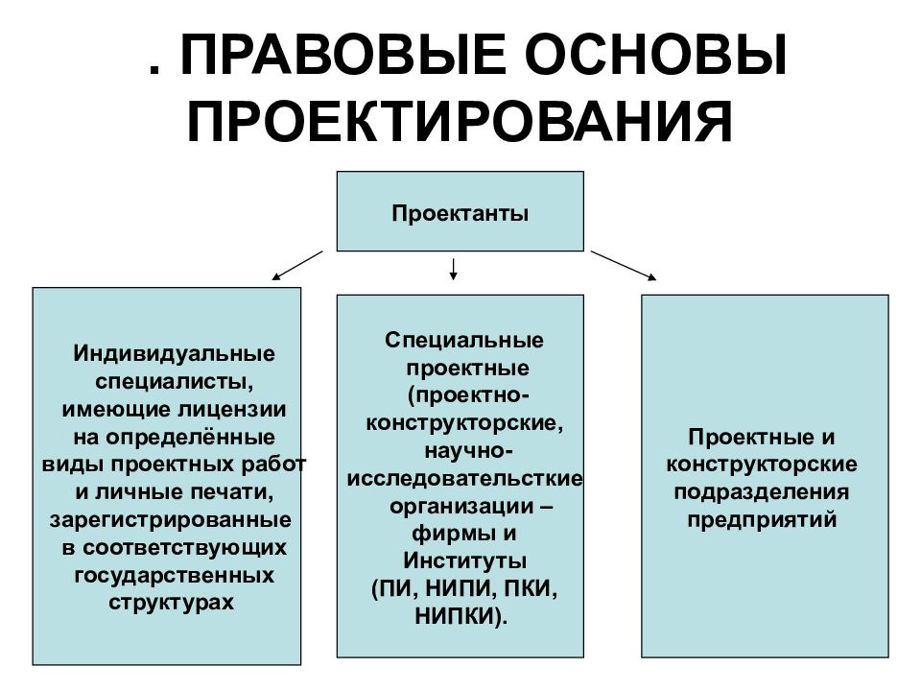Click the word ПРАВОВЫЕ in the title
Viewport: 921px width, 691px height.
tap(342, 56)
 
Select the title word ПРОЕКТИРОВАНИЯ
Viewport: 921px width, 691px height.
tap(460, 122)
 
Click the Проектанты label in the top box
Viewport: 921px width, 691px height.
tap(460, 213)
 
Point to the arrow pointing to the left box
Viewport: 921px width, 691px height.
tap(297, 266)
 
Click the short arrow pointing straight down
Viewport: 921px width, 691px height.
tap(453, 269)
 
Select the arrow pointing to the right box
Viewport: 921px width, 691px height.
tap(624, 266)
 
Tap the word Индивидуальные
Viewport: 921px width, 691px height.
tap(175, 353)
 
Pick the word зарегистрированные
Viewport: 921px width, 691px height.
tap(171, 519)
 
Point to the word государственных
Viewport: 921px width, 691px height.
tap(175, 574)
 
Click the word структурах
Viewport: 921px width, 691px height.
tap(172, 603)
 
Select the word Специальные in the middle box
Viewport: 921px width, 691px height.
tap(464, 340)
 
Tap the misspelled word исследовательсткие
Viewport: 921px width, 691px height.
tap(464, 478)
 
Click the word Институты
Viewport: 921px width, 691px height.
tap(464, 560)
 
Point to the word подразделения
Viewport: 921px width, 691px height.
tap(761, 491)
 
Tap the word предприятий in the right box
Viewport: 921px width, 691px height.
tap(762, 519)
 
